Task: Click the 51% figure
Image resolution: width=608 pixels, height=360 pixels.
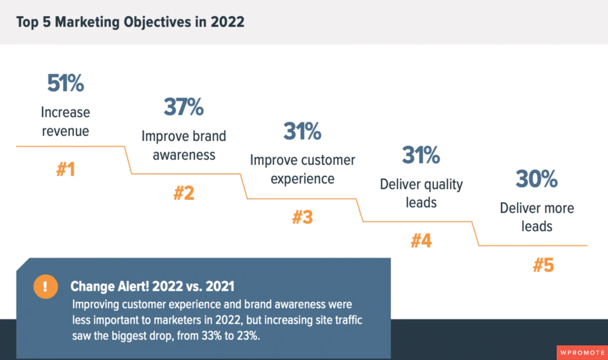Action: coord(65,84)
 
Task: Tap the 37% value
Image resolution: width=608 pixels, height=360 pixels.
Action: coord(183,107)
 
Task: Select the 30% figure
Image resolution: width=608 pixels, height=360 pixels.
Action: coord(537,179)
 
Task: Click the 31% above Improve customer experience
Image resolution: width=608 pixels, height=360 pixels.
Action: coord(302,132)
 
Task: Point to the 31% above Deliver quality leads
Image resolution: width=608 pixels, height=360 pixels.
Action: coord(421,155)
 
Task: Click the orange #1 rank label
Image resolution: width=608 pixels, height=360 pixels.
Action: coord(65,170)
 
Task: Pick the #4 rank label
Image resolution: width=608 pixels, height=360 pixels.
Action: coord(421,241)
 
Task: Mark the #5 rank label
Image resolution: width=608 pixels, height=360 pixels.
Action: coord(543,266)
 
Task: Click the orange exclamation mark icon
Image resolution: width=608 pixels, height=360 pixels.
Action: coord(45,286)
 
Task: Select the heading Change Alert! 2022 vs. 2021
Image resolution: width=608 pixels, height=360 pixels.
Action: coord(152,286)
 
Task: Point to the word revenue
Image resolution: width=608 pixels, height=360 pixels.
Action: coord(65,131)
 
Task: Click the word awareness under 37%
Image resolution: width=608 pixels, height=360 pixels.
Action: coord(184,155)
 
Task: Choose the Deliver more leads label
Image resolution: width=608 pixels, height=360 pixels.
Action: coord(537,217)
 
